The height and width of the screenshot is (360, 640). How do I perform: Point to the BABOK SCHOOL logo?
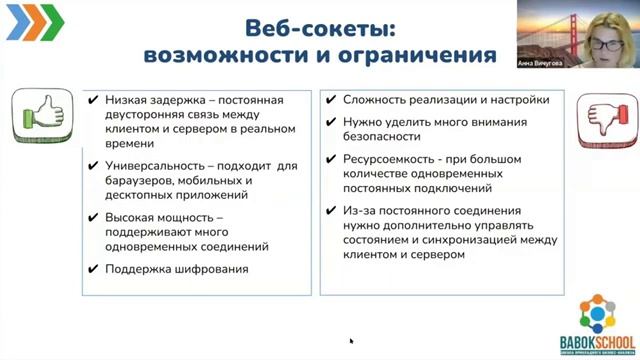(597, 320)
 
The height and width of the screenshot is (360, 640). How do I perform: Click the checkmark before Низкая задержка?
(93, 100)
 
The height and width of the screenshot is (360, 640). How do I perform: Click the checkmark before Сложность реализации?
(331, 100)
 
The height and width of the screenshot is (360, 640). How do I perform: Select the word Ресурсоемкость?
(391, 159)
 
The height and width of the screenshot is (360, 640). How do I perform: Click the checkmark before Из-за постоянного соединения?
(331, 211)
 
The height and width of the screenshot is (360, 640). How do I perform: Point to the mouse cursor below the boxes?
(351, 340)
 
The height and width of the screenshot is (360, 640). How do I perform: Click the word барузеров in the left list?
(138, 181)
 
